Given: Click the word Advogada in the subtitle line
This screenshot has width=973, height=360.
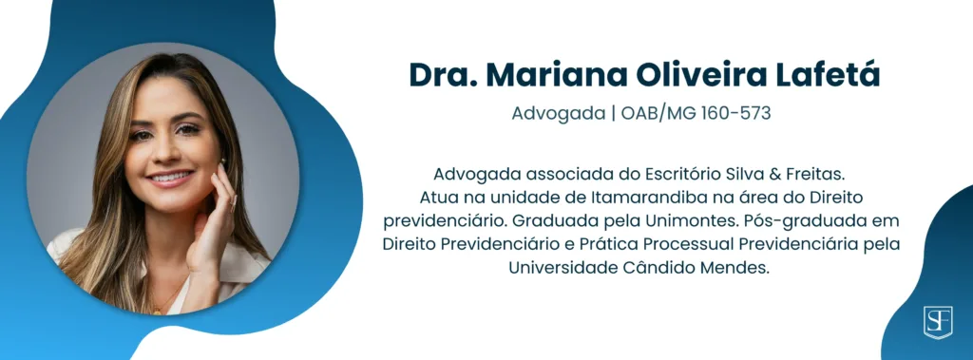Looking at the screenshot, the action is [558, 114].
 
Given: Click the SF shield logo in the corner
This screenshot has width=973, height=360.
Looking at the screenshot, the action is [938, 322].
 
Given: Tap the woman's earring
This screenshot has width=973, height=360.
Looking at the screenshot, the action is [222, 162].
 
